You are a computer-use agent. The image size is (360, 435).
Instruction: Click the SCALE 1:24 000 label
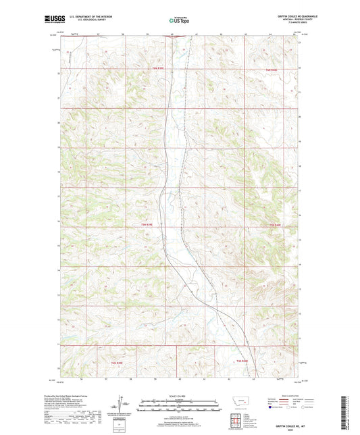coord(180,396)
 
